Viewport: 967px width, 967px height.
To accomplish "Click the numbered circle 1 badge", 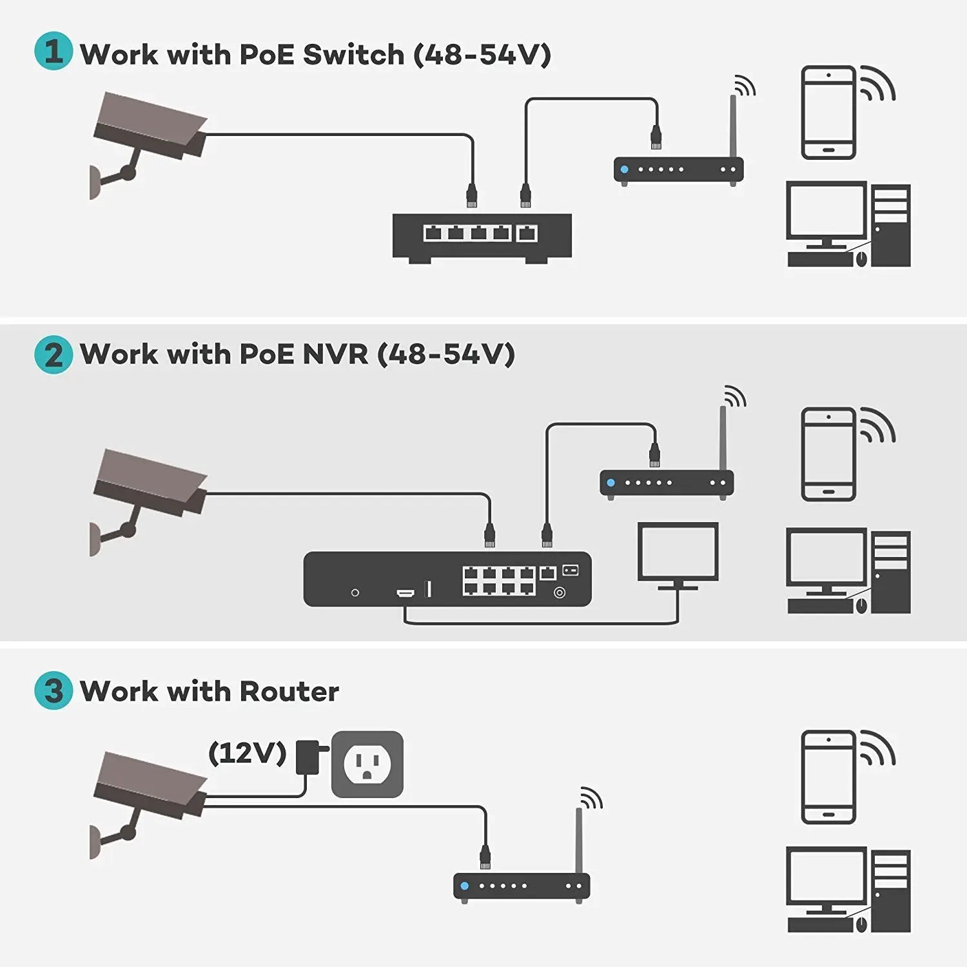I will tap(54, 51).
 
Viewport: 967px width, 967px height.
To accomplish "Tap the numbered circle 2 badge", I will tap(54, 355).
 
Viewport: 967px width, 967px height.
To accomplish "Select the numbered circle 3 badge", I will tap(54, 690).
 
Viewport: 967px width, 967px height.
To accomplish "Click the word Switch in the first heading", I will tap(353, 54).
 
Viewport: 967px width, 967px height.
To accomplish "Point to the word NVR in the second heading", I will tap(335, 354).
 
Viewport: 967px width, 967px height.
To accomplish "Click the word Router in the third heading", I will tap(289, 691).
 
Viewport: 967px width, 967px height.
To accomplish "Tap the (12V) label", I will tap(247, 752).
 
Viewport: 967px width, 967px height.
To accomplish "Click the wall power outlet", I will tap(367, 764).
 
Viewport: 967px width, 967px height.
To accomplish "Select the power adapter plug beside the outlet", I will tap(308, 757).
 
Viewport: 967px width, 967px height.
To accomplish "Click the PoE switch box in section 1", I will tap(482, 237).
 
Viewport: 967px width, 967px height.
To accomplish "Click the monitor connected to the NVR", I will tap(678, 554).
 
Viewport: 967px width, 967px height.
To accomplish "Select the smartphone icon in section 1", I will tap(828, 112).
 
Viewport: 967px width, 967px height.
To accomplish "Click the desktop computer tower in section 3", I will tap(890, 891).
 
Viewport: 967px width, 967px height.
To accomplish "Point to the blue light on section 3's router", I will tap(465, 886).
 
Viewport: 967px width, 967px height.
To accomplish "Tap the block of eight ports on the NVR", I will tap(498, 580).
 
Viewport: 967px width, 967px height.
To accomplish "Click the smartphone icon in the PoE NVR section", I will tap(828, 454).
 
